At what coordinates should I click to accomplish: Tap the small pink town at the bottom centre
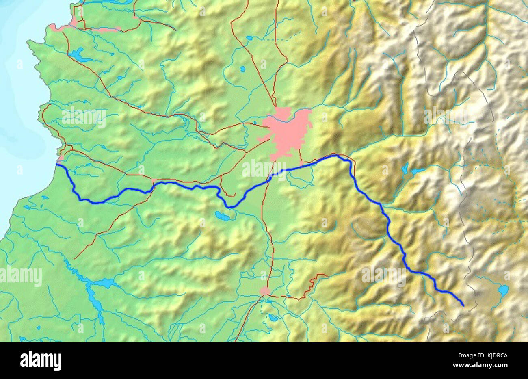tap(265, 291)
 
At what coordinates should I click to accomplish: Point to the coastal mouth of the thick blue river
tap(57, 165)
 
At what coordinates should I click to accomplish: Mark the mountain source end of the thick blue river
tap(463, 305)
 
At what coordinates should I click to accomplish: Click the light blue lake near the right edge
tap(503, 290)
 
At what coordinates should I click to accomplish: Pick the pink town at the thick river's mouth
tap(61, 158)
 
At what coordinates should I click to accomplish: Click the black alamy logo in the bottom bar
tap(41, 360)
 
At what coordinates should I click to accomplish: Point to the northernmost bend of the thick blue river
tap(335, 155)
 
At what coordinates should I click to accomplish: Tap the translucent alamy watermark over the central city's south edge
tap(264, 169)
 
